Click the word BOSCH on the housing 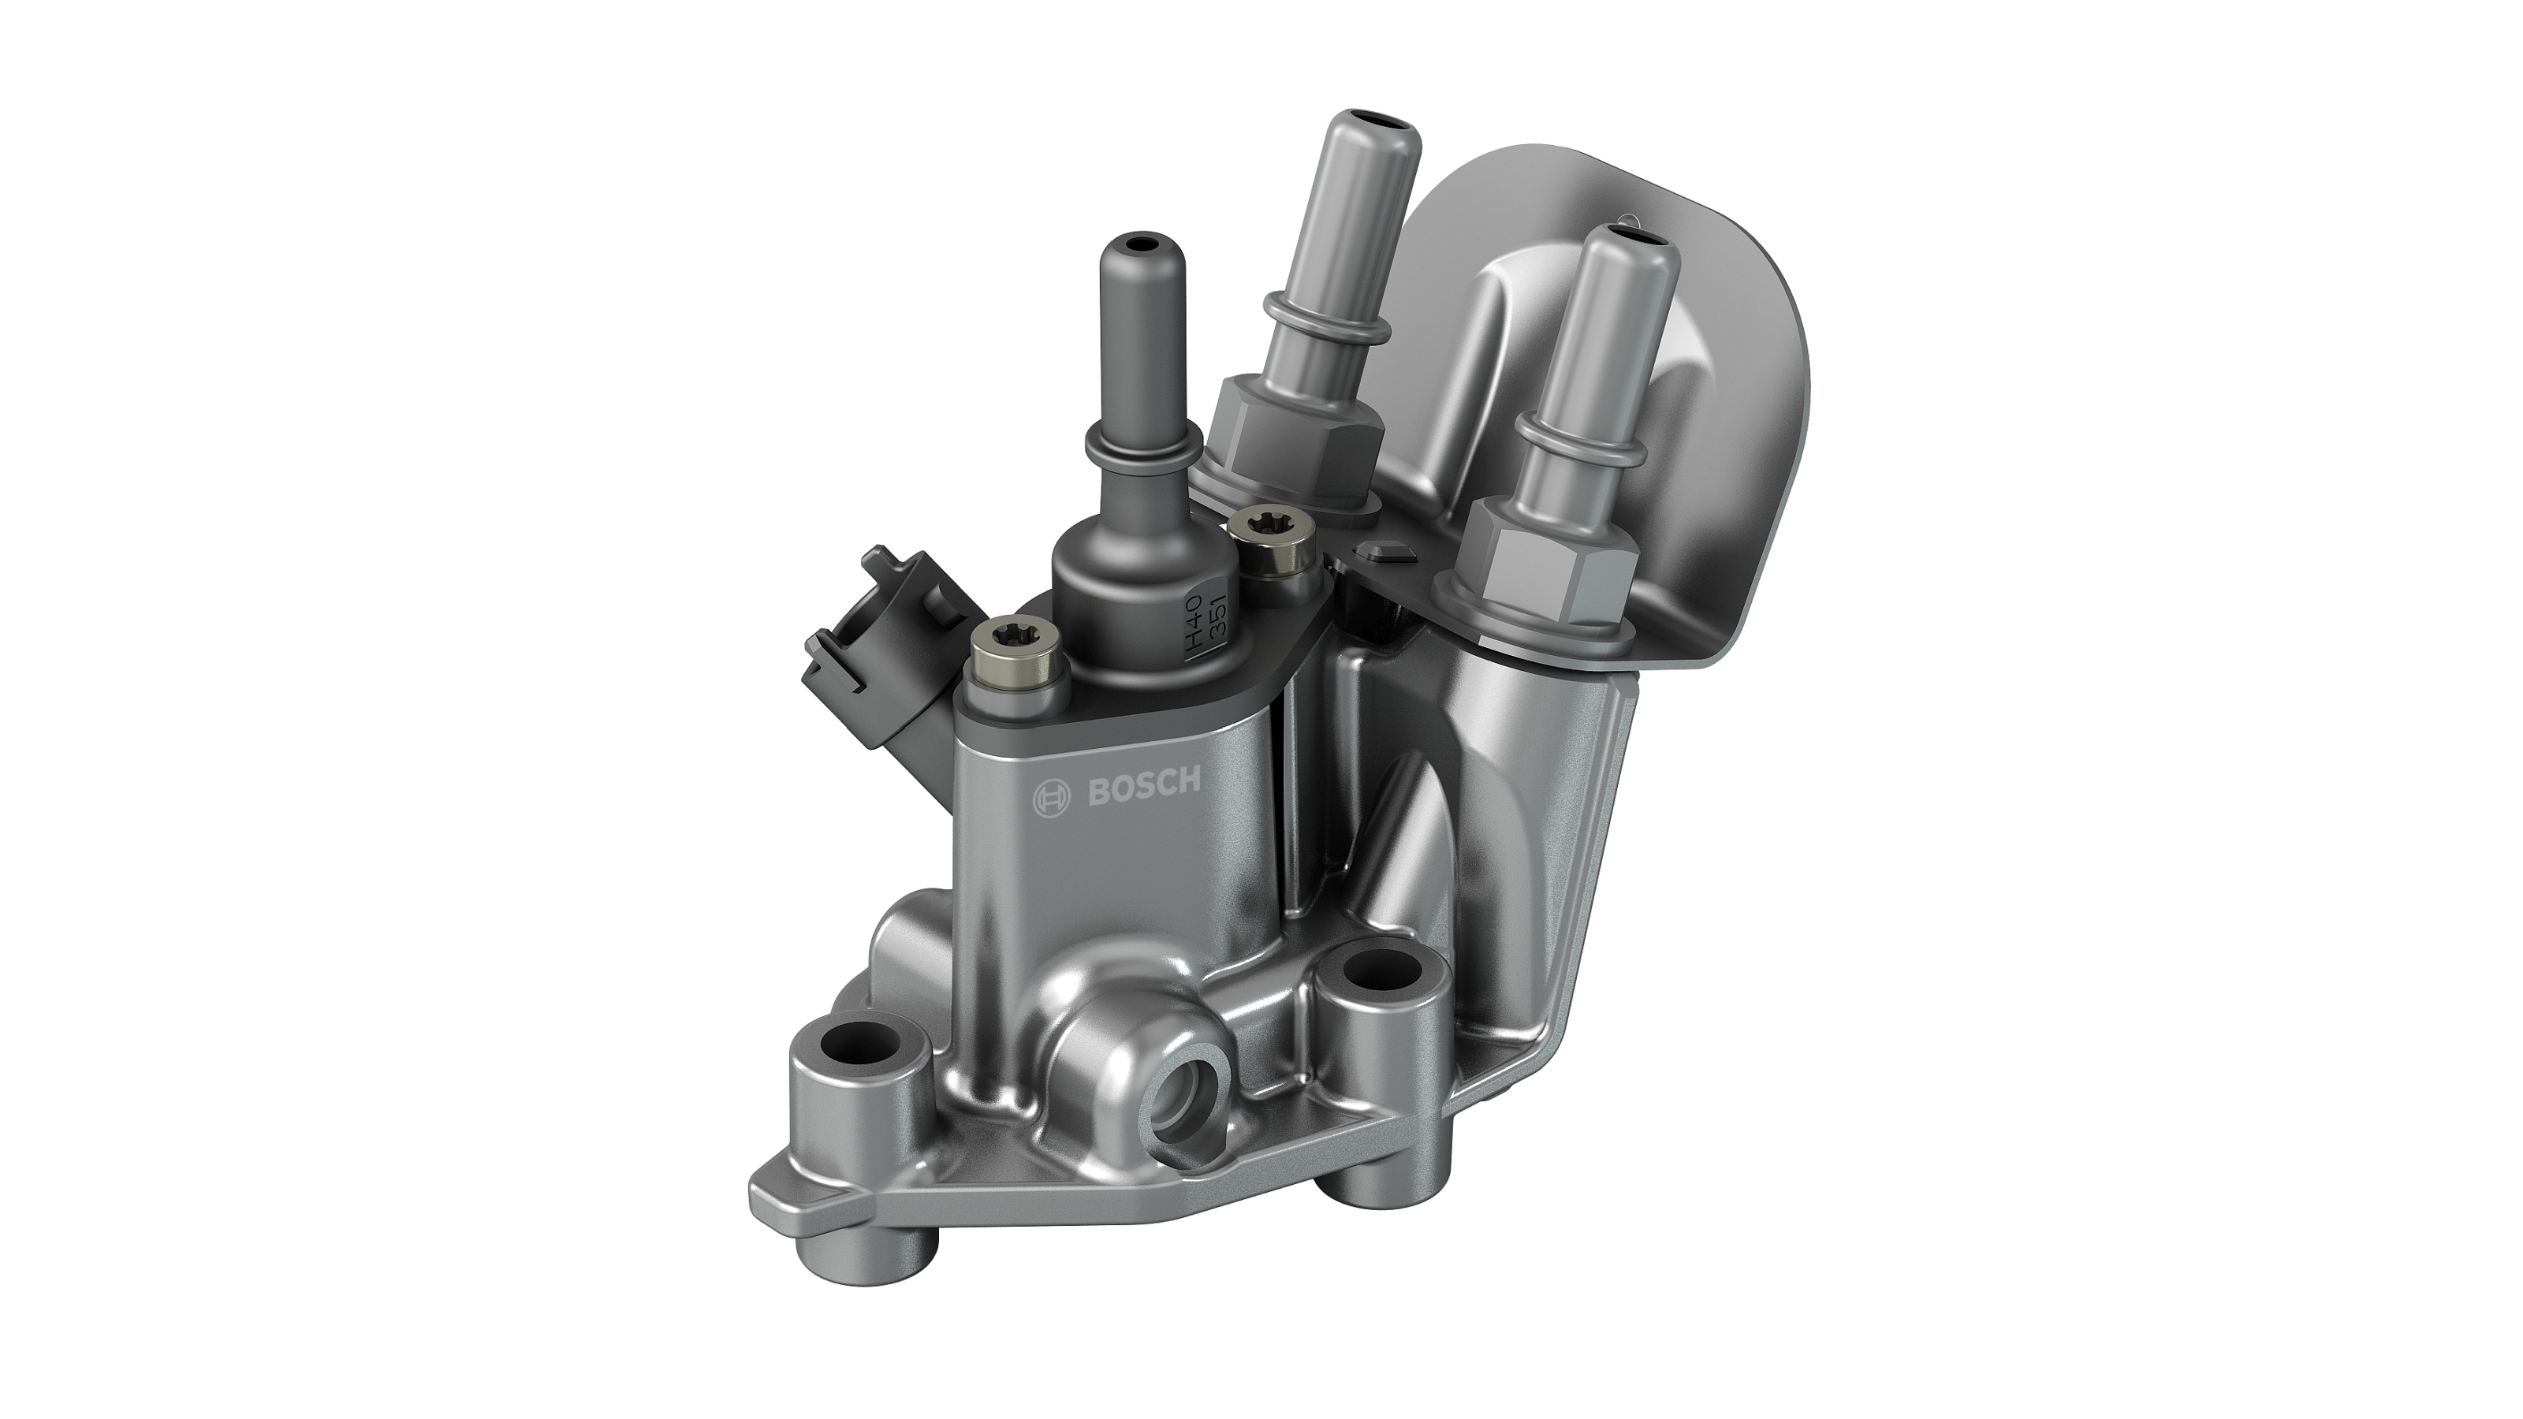[x=1144, y=788]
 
